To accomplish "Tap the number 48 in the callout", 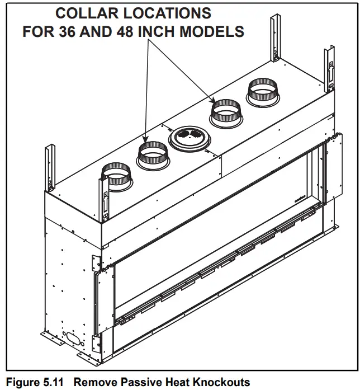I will (x=128, y=31).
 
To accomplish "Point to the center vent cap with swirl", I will (x=188, y=137).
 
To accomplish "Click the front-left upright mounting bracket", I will (x=106, y=199).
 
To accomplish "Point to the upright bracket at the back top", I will (x=277, y=39).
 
